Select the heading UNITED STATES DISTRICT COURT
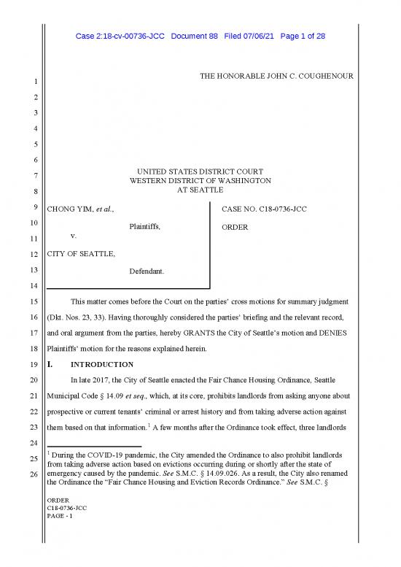[200, 171]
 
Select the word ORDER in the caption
[235, 227]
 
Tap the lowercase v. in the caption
[74, 236]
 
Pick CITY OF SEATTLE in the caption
[80, 254]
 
